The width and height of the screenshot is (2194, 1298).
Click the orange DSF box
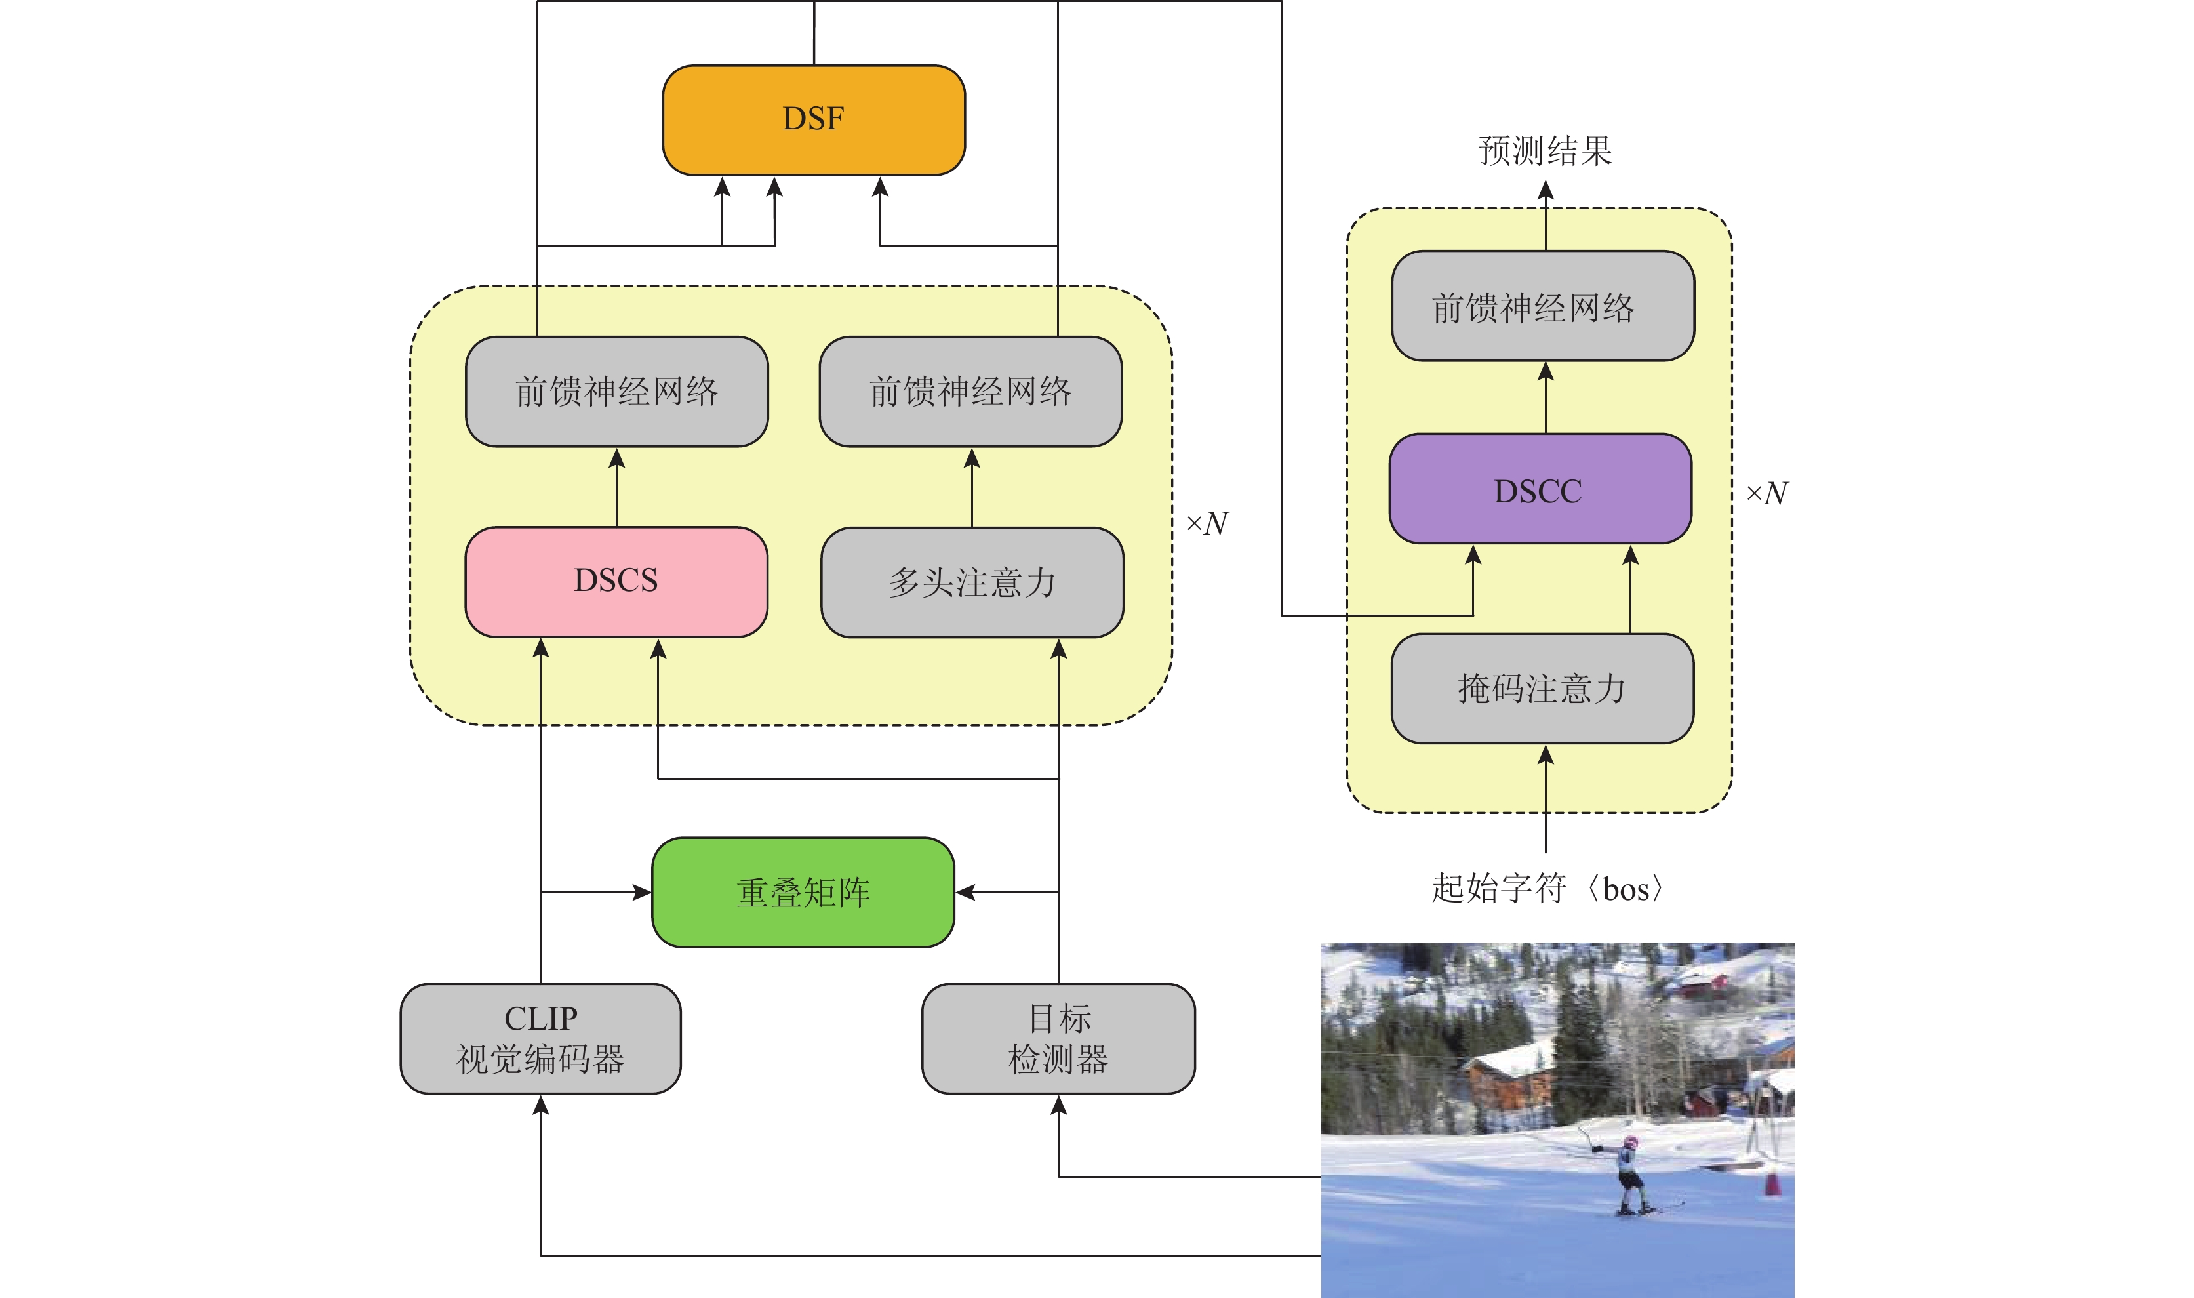pyautogui.click(x=813, y=120)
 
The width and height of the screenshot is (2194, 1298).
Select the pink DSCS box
pyautogui.click(x=616, y=580)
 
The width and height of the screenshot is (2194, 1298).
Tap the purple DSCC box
pyautogui.click(x=1539, y=489)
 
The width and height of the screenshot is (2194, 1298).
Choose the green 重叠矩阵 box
pyautogui.click(x=803, y=892)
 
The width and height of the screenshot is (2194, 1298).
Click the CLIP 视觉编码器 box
pyautogui.click(x=540, y=1038)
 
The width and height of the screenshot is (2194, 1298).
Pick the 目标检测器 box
pyautogui.click(x=1058, y=1038)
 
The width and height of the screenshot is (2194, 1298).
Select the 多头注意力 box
pyautogui.click(x=972, y=582)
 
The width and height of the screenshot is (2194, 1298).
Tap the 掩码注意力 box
pyautogui.click(x=1542, y=689)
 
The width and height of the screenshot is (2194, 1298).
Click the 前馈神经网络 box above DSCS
pyautogui.click(x=616, y=392)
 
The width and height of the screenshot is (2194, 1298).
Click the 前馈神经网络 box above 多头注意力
pyautogui.click(x=970, y=392)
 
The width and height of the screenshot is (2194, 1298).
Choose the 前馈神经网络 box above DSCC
pyautogui.click(x=1542, y=306)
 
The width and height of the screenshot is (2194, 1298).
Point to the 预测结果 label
pyautogui.click(x=1545, y=150)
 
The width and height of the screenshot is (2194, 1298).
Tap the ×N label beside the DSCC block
pyautogui.click(x=1767, y=493)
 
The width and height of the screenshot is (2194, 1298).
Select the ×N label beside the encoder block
pyautogui.click(x=1207, y=523)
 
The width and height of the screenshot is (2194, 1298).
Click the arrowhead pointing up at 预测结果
pyautogui.click(x=1545, y=190)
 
